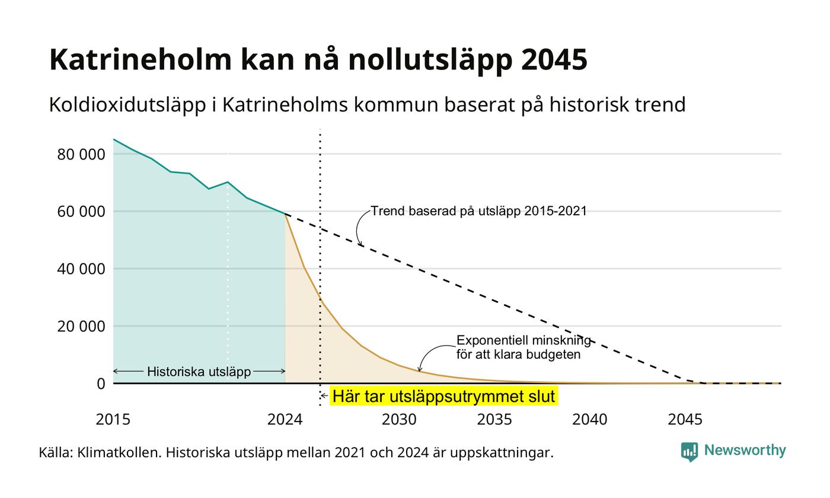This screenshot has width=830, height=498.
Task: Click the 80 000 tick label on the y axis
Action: (81, 155)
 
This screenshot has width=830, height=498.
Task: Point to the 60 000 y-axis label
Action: (81, 212)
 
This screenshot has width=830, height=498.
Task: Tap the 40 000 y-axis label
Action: (81, 269)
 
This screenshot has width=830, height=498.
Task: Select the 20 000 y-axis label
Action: (81, 327)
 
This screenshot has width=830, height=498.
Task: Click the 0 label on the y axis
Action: (101, 384)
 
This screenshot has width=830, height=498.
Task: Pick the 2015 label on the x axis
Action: (113, 420)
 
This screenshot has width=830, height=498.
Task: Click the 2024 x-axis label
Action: (285, 420)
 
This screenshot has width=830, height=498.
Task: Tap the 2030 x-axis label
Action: (400, 420)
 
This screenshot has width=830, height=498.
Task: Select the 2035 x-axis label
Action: (494, 420)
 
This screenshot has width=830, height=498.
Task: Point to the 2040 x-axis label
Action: (590, 420)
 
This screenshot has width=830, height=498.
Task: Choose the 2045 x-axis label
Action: (685, 420)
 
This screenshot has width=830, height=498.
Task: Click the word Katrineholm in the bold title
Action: (141, 59)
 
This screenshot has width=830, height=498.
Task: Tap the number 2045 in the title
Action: (554, 59)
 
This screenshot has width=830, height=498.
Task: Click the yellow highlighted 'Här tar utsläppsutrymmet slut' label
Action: (444, 396)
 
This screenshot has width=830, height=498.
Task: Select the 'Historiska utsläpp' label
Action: (199, 372)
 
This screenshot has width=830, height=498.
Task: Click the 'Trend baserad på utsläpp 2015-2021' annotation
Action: (479, 211)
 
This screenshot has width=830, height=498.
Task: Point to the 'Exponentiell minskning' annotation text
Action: (523, 340)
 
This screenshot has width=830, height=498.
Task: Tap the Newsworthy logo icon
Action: (689, 452)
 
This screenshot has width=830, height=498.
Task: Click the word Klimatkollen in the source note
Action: (119, 453)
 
